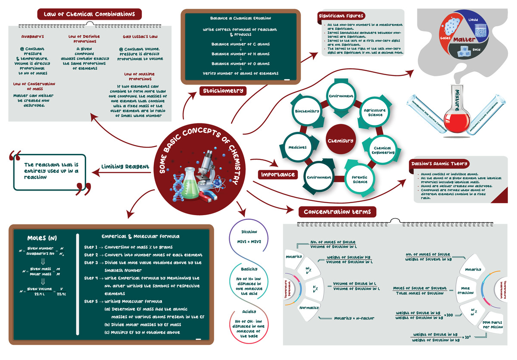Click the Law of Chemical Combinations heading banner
pyautogui.click(x=90, y=14)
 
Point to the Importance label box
pyautogui.click(x=278, y=174)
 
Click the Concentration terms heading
pyautogui.click(x=337, y=212)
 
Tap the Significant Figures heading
pyautogui.click(x=341, y=16)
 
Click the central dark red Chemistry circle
pyautogui.click(x=340, y=141)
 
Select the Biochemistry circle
pyautogui.click(x=307, y=111)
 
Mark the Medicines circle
pyautogui.click(x=297, y=147)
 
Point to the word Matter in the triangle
pyautogui.click(x=464, y=40)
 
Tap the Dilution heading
pyautogui.click(x=249, y=232)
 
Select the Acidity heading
pyautogui.click(x=249, y=311)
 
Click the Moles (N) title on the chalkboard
pyautogui.click(x=42, y=238)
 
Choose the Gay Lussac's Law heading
pyautogui.click(x=140, y=37)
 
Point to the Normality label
pyautogui.click(x=308, y=307)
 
